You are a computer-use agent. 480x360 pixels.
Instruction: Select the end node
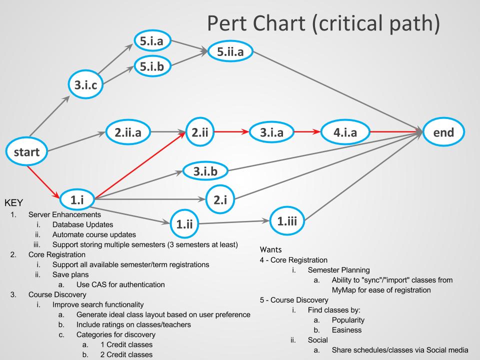pyautogui.click(x=444, y=132)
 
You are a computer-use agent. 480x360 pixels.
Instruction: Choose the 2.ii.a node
pyautogui.click(x=128, y=132)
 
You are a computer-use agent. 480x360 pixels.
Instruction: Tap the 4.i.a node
pyautogui.click(x=345, y=132)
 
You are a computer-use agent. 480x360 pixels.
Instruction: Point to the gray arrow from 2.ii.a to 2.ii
pyautogui.click(x=167, y=132)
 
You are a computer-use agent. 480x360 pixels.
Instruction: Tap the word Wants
pyautogui.click(x=273, y=248)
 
